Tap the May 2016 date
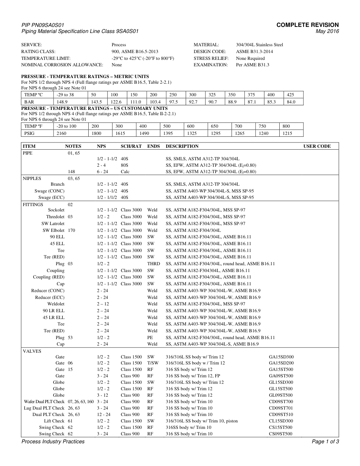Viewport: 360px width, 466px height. tap(327, 31)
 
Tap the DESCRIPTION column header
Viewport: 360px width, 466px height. tap(182, 146)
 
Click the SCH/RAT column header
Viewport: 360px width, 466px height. tap(131, 146)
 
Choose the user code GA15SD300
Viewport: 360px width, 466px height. tap(281, 357)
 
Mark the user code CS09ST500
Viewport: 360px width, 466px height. tap(281, 434)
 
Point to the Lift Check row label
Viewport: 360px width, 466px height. tap(54, 421)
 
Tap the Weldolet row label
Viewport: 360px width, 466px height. tap(56, 304)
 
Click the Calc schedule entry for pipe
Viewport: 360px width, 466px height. tap(125, 172)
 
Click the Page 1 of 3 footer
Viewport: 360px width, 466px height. tap(325, 442)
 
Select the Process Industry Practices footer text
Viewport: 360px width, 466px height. tap(53, 442)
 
